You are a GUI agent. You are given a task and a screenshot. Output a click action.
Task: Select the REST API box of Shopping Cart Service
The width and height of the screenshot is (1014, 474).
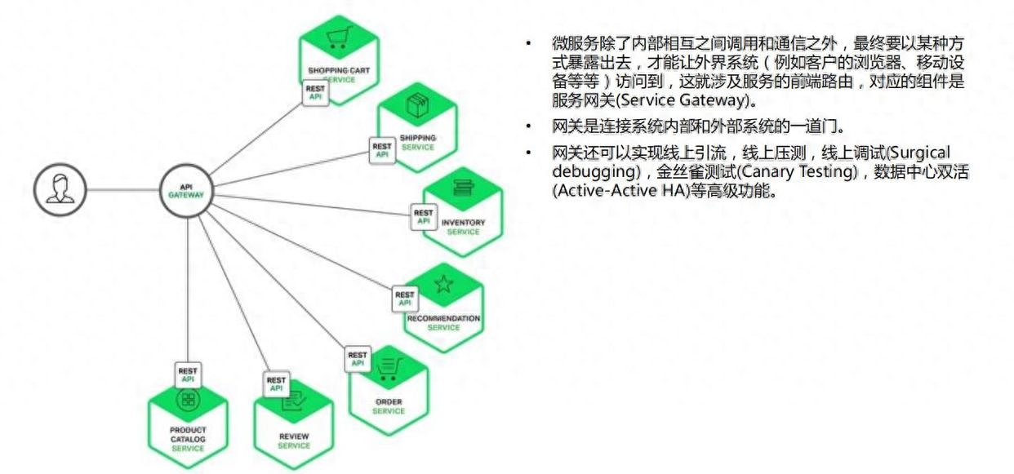(x=315, y=93)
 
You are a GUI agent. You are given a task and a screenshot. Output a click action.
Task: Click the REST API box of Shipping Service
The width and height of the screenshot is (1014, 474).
(x=382, y=151)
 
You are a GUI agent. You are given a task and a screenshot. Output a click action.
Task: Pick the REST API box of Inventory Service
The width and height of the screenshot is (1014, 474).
(x=424, y=217)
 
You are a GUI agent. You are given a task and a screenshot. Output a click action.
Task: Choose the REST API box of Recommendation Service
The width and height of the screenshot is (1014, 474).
(x=405, y=299)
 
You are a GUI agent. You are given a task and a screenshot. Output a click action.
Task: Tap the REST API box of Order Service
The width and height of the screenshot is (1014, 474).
(x=358, y=360)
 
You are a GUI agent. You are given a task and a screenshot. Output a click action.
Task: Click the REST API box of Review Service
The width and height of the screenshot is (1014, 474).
(x=276, y=384)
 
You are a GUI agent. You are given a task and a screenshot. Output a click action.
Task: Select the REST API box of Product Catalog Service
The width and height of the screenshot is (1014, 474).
(x=188, y=375)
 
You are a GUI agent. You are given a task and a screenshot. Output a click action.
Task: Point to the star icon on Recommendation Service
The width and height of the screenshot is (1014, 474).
(x=443, y=284)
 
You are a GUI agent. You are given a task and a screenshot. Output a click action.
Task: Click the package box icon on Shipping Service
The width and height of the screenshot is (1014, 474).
(x=417, y=105)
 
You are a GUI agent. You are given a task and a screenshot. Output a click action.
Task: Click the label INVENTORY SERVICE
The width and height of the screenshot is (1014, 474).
(x=463, y=227)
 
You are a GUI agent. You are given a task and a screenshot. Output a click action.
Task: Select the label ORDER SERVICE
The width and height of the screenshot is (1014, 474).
(x=389, y=406)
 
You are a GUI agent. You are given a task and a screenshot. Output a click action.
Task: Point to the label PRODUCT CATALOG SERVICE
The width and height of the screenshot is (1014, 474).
(x=188, y=439)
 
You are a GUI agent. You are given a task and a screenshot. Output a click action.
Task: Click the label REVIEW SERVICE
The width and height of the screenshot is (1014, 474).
(x=294, y=441)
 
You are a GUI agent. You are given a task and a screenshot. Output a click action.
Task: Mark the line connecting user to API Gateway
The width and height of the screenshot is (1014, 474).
(x=123, y=190)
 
